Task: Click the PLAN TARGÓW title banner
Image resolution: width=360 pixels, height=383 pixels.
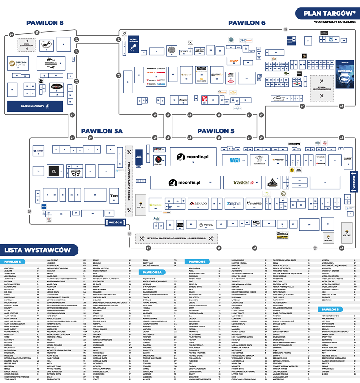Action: [326, 14]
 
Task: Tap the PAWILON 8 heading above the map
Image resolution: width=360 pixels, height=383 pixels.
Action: [45, 22]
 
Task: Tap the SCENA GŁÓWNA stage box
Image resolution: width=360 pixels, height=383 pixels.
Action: [133, 45]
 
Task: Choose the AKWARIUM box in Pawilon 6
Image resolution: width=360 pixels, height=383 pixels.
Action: [344, 74]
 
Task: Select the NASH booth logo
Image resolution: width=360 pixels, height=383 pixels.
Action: [235, 160]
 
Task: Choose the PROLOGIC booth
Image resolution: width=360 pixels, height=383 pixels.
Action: [278, 160]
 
